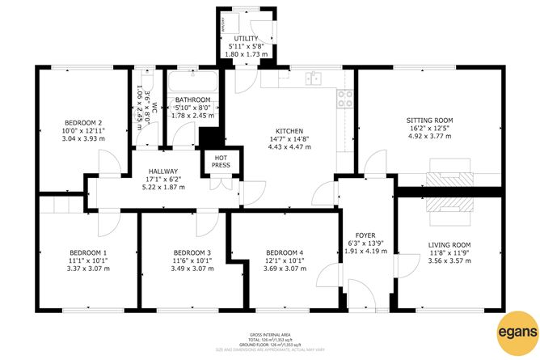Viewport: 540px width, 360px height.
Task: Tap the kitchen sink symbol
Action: point(314,78)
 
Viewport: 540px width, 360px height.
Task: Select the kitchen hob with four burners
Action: point(344,99)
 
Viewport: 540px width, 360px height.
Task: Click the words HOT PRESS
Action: point(221,160)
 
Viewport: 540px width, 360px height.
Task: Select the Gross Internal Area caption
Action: point(269,333)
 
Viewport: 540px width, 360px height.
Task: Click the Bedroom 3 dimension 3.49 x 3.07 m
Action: point(192,269)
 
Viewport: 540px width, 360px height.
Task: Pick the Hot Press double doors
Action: point(221,183)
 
